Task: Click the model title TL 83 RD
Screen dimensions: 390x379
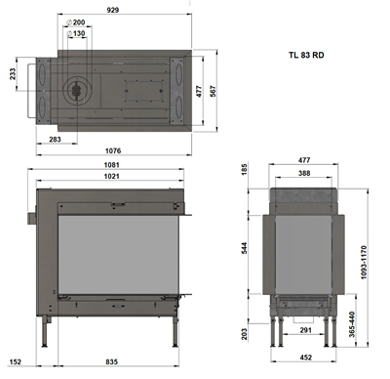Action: point(306,55)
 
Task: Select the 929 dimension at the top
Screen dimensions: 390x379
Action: point(113,10)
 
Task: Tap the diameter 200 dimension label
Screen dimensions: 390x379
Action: point(76,22)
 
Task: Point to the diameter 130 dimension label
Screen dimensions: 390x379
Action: point(76,33)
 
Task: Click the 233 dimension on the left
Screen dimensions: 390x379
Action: point(13,74)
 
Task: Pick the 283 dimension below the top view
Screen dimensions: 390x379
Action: point(55,139)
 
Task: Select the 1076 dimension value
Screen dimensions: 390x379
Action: point(113,150)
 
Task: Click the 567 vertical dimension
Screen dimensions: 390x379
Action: point(213,92)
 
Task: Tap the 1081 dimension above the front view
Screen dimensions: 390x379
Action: point(111,165)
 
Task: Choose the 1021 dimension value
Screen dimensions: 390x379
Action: point(111,176)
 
